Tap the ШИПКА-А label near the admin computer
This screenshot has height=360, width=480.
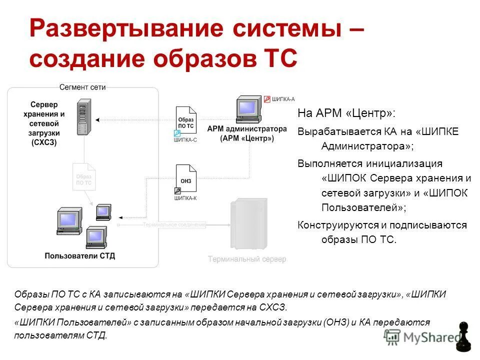(x=283, y=99)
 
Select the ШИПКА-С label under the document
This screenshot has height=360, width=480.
(x=185, y=140)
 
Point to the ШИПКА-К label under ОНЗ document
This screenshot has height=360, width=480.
(x=185, y=198)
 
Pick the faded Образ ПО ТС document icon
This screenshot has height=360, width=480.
(x=83, y=176)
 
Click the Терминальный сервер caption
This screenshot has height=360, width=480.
(x=247, y=259)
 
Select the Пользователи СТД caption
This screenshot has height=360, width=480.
(x=80, y=256)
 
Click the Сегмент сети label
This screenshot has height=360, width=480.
(x=82, y=87)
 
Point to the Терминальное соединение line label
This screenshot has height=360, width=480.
(x=174, y=225)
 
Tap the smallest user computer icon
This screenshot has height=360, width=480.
(x=103, y=211)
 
